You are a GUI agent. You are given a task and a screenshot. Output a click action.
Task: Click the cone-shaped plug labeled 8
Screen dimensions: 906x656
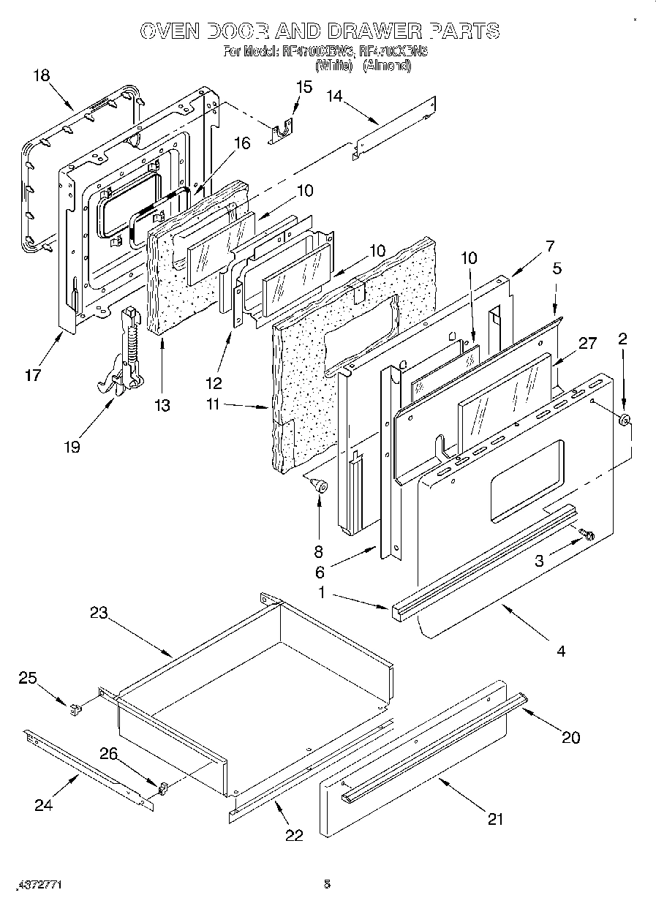pos(317,483)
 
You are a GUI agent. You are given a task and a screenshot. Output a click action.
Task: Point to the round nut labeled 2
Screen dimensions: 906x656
pos(625,421)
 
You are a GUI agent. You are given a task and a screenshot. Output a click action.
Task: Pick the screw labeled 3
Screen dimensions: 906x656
pos(585,536)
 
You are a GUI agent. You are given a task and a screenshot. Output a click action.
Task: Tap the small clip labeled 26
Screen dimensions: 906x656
pos(163,788)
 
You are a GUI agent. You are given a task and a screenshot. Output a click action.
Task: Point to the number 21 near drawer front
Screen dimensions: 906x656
pos(495,819)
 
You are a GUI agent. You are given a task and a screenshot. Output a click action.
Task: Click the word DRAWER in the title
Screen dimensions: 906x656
pos(376,31)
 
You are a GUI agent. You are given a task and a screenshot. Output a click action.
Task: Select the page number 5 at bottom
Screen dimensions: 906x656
pos(327,884)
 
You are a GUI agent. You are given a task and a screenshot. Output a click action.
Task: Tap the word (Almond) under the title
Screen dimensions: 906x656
pos(387,66)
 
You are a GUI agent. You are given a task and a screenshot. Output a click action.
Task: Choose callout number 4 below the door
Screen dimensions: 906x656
pos(561,650)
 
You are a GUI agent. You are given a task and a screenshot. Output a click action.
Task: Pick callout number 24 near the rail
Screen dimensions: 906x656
pos(43,806)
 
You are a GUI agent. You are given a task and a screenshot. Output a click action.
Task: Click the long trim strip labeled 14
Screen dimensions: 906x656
pos(395,129)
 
